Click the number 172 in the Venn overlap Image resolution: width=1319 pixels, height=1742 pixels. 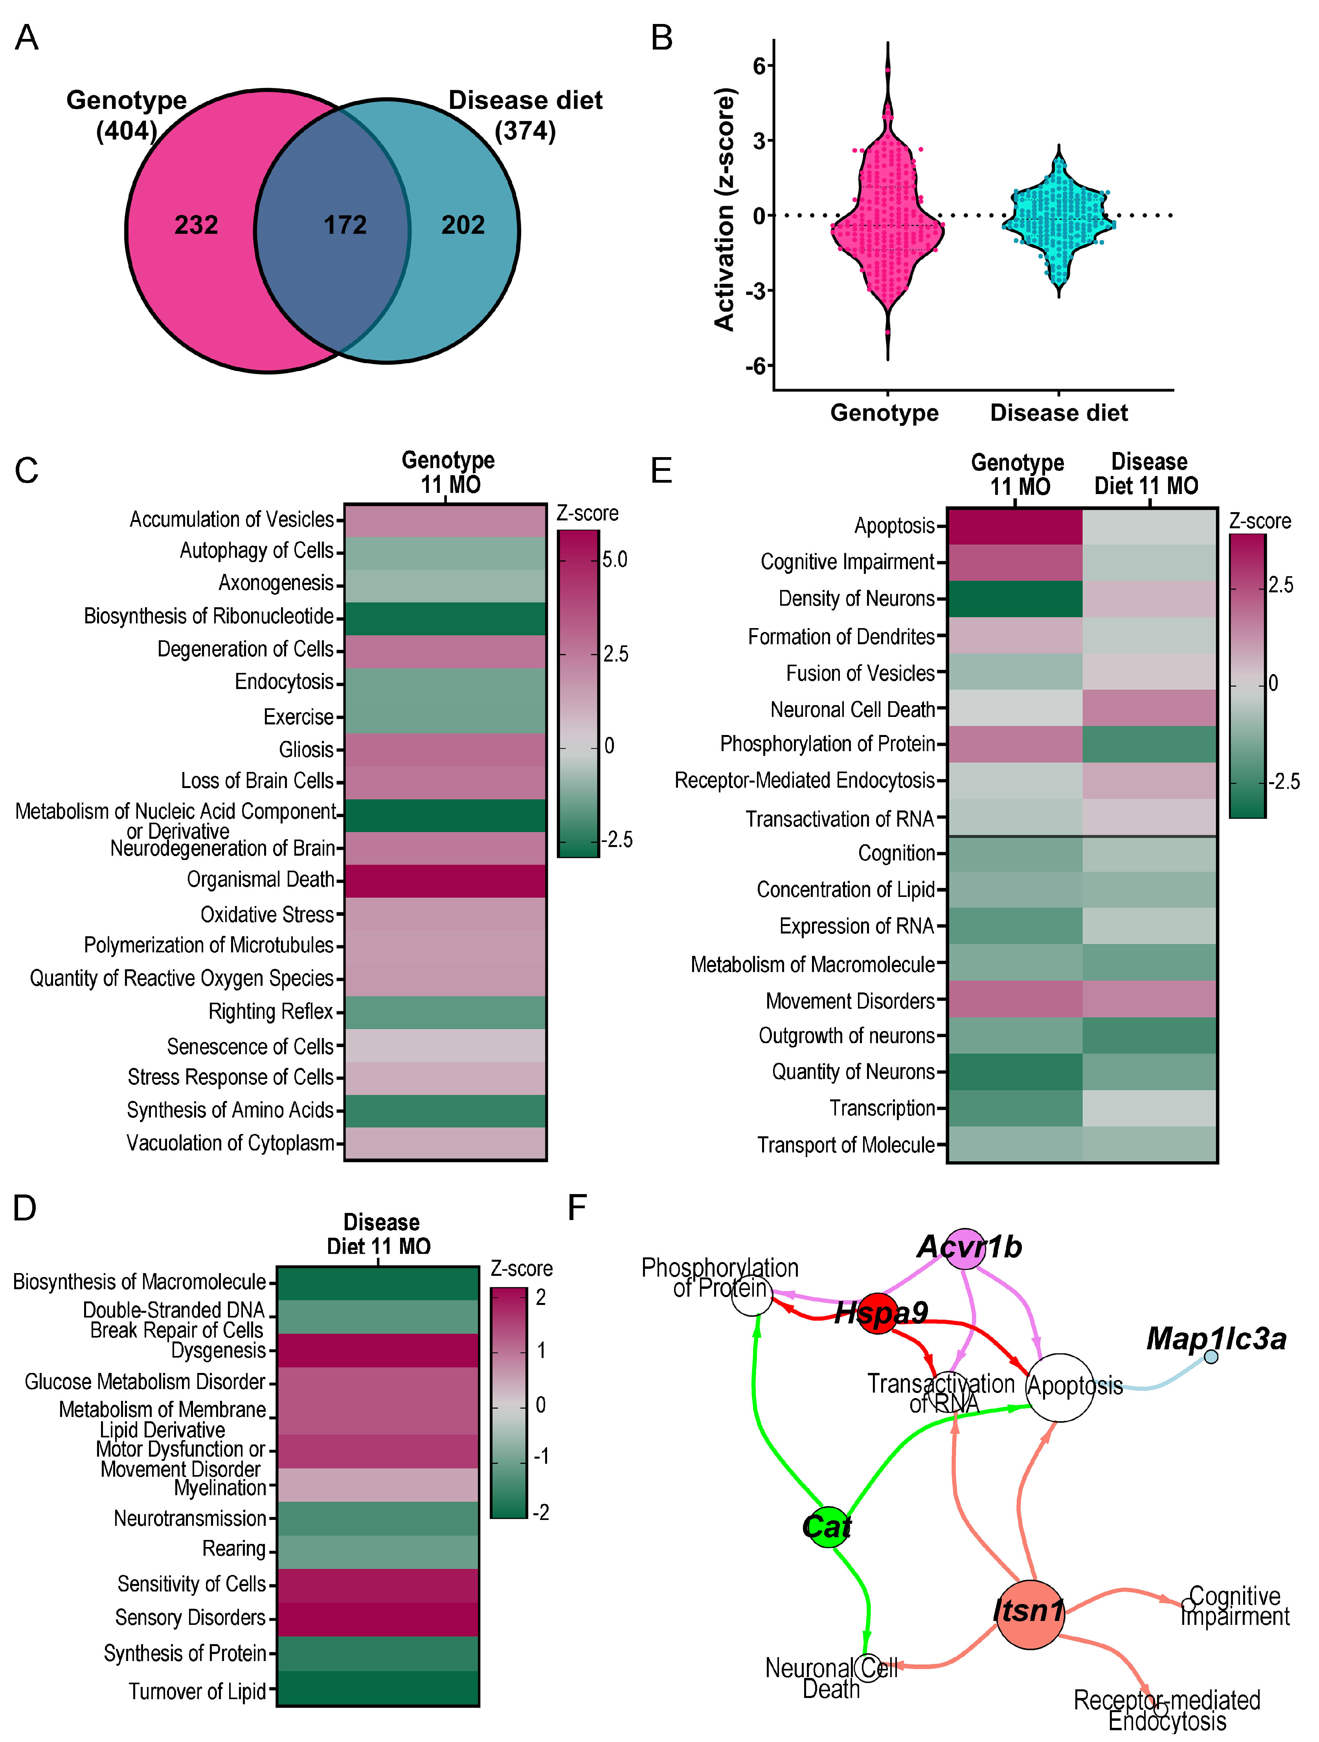coord(345,225)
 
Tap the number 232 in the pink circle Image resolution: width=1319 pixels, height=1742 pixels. coord(196,225)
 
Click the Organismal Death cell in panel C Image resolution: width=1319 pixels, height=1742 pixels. coord(445,880)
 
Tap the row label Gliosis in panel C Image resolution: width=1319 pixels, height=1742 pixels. coord(306,749)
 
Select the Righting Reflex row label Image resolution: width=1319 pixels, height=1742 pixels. coord(271,1011)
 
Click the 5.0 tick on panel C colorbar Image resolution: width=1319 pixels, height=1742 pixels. coord(614,560)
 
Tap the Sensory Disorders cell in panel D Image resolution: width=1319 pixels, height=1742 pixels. coord(378,1618)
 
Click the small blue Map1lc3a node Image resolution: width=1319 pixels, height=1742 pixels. coord(1211,1356)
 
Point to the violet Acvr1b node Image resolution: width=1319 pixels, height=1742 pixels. coord(965,1248)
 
